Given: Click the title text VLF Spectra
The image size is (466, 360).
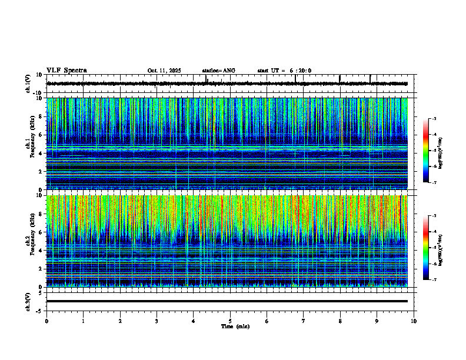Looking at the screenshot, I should click(66, 71).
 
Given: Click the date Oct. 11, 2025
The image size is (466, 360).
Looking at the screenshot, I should click(164, 71).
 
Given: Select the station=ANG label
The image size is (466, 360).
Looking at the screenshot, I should click(218, 71).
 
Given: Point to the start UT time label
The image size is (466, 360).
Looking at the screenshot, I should click(284, 71).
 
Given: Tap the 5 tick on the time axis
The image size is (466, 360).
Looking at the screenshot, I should click(230, 321).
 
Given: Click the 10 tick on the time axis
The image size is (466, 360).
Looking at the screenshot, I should click(414, 321).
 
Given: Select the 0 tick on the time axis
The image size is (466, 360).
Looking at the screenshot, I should click(46, 321).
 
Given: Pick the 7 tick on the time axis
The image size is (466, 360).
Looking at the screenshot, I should click(304, 321).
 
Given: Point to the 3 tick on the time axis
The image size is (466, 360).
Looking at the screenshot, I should click(157, 321).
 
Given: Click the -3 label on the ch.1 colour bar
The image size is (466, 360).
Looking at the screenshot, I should click(434, 119).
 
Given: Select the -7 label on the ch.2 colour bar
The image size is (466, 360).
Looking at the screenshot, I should click(434, 280).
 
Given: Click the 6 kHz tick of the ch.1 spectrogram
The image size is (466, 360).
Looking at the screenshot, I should click(41, 135).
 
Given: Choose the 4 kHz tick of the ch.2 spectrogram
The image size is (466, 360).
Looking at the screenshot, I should click(41, 251).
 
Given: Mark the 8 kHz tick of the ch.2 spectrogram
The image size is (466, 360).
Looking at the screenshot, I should click(41, 214).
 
